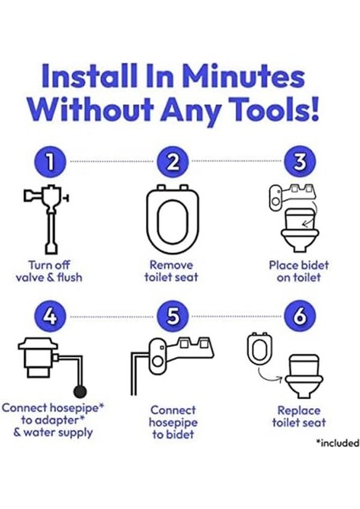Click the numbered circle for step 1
50,161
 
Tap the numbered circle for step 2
172,161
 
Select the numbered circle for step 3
300,161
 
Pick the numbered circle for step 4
50,316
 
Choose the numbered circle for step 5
172,316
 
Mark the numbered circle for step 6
300,316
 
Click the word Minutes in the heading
243,76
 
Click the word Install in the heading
89,76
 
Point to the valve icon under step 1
48,219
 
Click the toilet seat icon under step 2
172,219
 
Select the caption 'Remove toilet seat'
172,271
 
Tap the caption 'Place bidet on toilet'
299,271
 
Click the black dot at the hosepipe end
80,391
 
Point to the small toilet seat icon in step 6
260,349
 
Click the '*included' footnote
338,443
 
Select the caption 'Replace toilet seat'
299,417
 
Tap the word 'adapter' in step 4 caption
54,420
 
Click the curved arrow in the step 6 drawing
269,377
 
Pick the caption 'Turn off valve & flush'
49,271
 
